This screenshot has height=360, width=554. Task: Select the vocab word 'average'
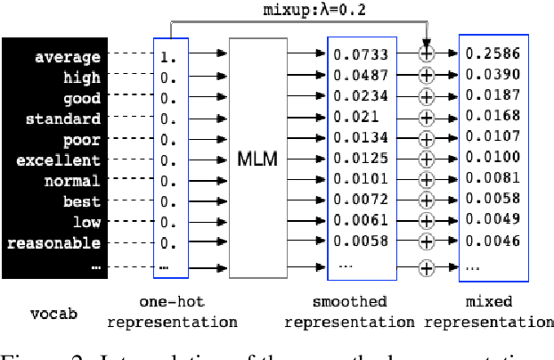click(x=68, y=58)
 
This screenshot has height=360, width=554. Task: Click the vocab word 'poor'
click(x=81, y=140)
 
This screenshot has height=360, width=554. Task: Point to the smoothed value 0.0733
click(x=361, y=54)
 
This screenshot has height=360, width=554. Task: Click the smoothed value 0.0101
click(x=361, y=177)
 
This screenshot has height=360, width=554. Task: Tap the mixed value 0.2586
click(x=493, y=54)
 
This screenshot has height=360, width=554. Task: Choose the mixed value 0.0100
click(x=493, y=157)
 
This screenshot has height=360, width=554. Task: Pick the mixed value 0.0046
click(x=493, y=239)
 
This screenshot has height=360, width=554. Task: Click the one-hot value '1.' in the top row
click(x=166, y=58)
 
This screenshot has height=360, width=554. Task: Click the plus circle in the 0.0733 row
click(x=427, y=55)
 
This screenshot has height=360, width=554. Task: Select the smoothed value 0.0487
click(x=361, y=75)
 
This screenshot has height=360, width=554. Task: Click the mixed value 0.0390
click(x=493, y=75)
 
